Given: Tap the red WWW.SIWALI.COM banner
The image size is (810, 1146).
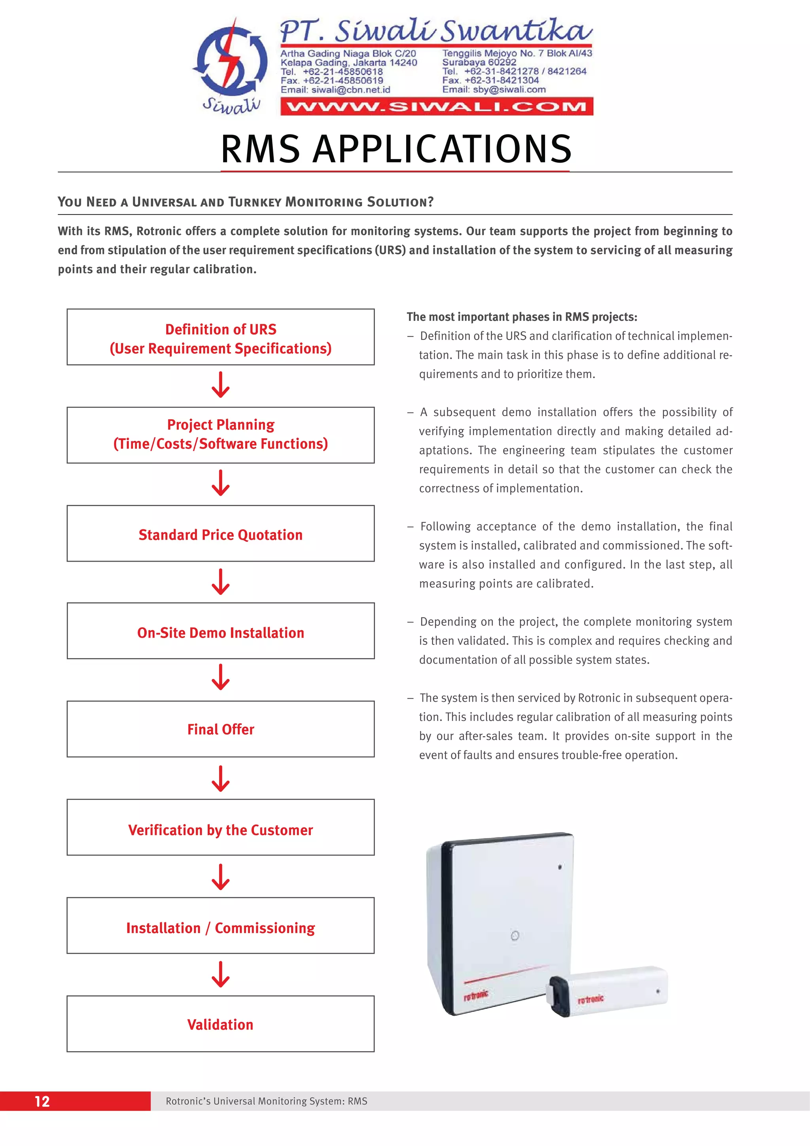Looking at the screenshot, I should (437, 107).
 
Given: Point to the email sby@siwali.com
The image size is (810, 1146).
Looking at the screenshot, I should (494, 90).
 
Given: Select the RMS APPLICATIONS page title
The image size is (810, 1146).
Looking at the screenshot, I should (396, 149).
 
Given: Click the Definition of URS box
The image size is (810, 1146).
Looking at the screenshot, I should (221, 337).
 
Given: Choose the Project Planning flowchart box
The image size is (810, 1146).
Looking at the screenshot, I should (221, 435).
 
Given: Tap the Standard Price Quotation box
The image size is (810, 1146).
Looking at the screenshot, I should (221, 534).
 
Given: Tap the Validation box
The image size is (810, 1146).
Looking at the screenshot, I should (221, 1024).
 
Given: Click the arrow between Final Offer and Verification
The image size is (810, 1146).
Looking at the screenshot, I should (221, 779).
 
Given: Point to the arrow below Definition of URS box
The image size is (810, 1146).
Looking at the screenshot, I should (221, 385).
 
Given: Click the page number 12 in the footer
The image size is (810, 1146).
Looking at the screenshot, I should (42, 1101).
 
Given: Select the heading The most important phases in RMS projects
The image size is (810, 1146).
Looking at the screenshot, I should (522, 317).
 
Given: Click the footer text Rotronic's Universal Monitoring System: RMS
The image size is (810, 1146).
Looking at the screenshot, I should (266, 1101).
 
